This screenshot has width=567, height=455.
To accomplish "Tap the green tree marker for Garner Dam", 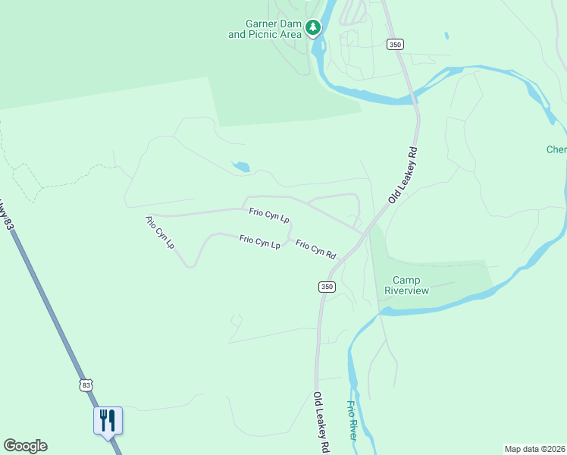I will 313,28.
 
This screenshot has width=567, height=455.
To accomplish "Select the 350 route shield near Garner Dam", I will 394,44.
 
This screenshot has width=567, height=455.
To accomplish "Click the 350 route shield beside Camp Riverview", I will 326,286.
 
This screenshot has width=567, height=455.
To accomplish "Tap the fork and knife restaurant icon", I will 108,420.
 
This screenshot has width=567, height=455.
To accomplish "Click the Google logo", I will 25,446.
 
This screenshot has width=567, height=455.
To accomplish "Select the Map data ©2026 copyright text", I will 535,449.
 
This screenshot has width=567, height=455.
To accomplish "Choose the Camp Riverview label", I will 406,285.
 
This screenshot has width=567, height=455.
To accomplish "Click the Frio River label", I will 352,422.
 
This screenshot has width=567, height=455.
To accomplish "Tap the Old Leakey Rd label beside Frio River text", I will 321,422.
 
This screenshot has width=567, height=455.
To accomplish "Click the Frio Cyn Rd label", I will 315,249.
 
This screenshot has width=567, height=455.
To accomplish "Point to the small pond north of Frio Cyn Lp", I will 240,167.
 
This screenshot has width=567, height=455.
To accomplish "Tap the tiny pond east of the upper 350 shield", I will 446,35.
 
